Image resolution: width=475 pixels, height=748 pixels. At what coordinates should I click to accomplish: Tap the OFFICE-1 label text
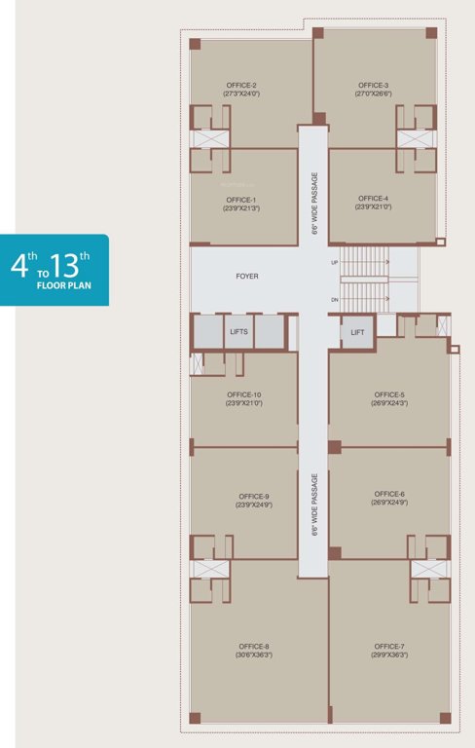coord(240,200)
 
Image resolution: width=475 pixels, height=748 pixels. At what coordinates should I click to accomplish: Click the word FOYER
coord(247,277)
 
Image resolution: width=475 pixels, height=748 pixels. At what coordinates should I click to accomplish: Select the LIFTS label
coord(239,332)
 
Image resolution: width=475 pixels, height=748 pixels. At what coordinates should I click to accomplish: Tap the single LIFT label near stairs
coord(357,332)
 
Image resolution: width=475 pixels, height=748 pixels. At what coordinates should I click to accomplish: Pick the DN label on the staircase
coord(335,300)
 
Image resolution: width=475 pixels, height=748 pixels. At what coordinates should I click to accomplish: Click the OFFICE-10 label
coord(243,394)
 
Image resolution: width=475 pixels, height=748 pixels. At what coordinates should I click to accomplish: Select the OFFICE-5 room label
coord(388,394)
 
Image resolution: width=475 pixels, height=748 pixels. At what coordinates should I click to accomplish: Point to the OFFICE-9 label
coord(254,496)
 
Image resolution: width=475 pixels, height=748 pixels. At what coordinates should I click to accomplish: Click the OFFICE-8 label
coord(254,646)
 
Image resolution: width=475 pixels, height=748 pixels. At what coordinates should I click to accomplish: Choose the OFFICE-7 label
coord(388,646)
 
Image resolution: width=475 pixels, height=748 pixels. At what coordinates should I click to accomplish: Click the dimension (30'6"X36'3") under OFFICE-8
coord(254,655)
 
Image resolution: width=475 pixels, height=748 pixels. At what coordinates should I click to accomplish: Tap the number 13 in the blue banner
coord(72,265)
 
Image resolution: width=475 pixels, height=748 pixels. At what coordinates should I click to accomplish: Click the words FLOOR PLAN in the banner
coord(64,288)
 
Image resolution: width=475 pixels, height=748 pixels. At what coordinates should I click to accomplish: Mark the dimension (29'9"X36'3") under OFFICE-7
coord(388,655)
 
